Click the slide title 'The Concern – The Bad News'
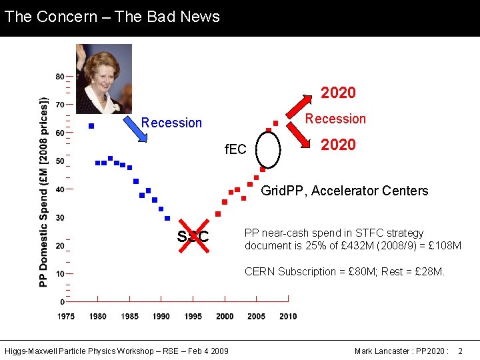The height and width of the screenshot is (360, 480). click(x=112, y=17)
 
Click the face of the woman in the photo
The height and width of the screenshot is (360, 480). click(x=103, y=75)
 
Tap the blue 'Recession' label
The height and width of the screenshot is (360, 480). click(x=171, y=123)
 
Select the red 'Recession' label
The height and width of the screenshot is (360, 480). click(x=335, y=119)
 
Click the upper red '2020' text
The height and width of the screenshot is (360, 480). click(x=338, y=93)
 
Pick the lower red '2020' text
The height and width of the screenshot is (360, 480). click(x=338, y=145)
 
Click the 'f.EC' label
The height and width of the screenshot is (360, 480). click(x=235, y=149)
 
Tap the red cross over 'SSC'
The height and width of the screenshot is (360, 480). click(x=193, y=236)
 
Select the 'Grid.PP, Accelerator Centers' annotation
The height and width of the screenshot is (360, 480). click(x=344, y=191)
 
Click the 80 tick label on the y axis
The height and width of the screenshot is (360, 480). click(x=60, y=76)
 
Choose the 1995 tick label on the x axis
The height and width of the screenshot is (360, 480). click(x=193, y=316)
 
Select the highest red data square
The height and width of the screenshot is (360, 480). click(x=275, y=123)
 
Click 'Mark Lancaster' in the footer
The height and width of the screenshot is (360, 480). click(x=381, y=351)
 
